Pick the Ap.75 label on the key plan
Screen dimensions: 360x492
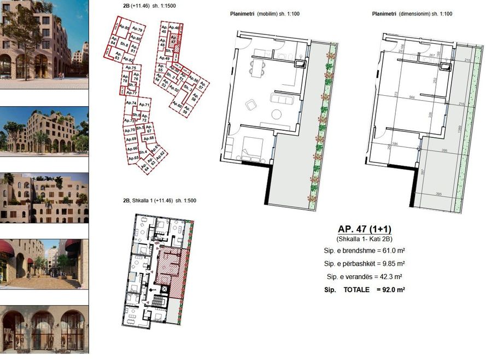(x=131, y=67)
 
